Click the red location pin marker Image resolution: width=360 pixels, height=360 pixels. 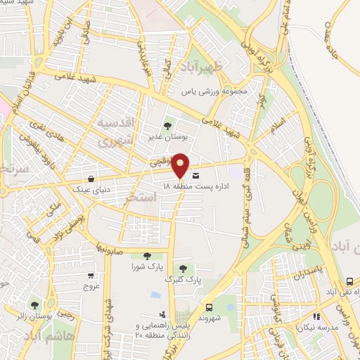[180, 164]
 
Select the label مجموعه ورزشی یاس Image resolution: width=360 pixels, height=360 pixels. [215, 92]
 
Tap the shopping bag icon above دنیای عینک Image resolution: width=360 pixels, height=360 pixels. [93, 168]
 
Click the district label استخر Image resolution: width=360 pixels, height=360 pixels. [139, 199]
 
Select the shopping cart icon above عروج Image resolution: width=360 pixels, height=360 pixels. [91, 276]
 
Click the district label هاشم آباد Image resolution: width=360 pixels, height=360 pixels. [51, 337]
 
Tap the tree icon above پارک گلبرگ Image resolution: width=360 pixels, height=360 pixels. [184, 269]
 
